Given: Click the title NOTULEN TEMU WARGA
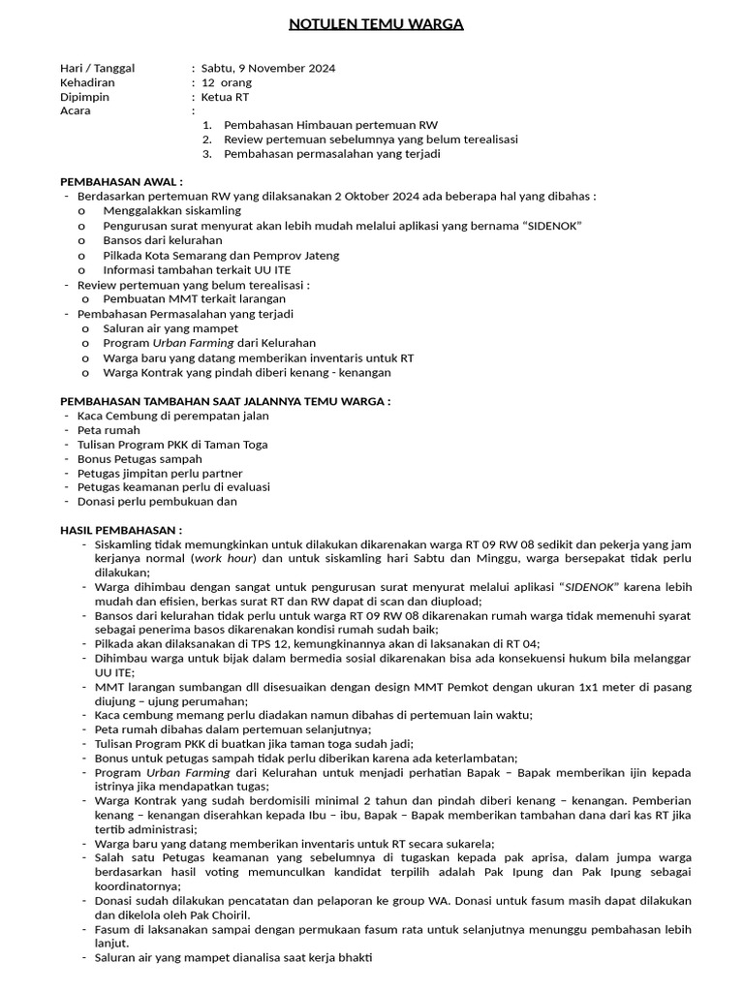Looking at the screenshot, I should tap(377, 24).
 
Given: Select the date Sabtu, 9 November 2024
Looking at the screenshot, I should tap(268, 69).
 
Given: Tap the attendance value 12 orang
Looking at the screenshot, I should tap(227, 83).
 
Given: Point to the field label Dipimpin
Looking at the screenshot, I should tap(85, 97).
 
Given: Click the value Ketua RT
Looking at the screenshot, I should tap(227, 97).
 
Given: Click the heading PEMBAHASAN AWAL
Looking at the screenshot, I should tap(121, 181).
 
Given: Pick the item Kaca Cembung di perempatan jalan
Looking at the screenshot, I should tap(173, 416).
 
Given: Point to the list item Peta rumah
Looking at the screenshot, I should tap(108, 429).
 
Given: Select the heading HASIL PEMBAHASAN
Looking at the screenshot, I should tap(121, 530).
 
